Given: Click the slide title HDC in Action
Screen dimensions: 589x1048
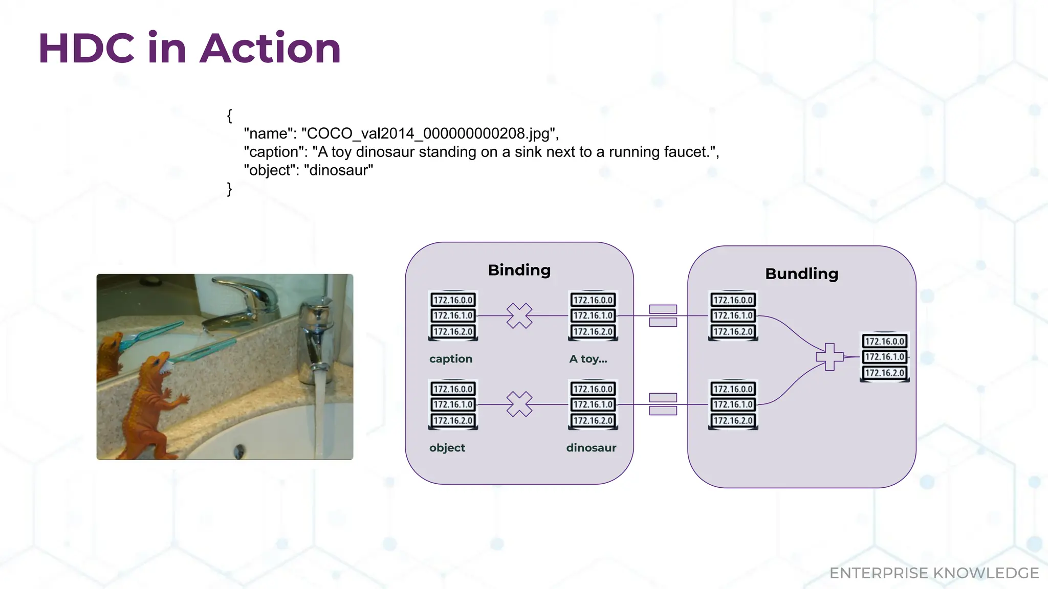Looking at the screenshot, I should click(189, 49).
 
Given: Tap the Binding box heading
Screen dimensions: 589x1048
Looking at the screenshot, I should click(519, 270).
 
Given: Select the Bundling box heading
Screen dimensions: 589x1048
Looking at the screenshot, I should click(801, 274).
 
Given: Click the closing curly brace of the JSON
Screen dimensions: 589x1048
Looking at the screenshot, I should click(230, 189).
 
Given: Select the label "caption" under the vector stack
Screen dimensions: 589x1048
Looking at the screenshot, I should click(450, 359).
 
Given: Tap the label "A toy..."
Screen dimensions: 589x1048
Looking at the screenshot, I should click(588, 359).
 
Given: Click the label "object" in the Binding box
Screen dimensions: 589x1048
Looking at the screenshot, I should click(447, 448).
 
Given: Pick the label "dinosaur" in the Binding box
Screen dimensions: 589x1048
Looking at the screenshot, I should click(591, 448).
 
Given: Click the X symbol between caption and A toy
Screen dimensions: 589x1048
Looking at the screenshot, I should click(519, 315).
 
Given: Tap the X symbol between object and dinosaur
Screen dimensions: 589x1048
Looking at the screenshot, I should click(519, 404).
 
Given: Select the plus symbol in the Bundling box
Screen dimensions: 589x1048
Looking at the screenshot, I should click(829, 356).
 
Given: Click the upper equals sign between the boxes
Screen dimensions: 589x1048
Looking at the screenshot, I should click(663, 315).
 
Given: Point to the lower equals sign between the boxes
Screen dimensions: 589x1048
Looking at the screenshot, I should click(663, 404).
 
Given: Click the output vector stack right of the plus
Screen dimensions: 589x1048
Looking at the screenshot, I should click(884, 357).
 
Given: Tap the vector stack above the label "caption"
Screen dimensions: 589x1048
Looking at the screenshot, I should click(453, 315).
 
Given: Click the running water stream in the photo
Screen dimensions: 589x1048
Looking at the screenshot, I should click(319, 409).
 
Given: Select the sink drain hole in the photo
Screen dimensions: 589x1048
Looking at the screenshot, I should click(238, 451).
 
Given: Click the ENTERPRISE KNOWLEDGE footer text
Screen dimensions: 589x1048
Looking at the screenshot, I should click(933, 573).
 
